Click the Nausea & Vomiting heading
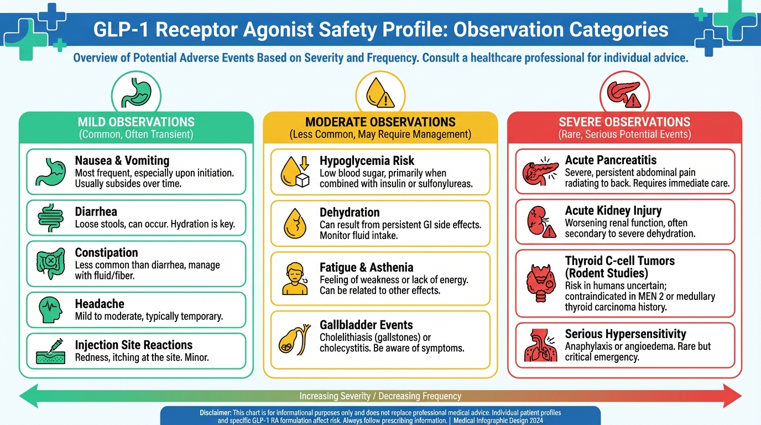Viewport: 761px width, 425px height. pyautogui.click(x=122, y=160)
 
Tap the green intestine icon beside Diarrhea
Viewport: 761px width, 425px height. pyautogui.click(x=51, y=218)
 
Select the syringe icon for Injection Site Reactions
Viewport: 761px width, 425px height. pyautogui.click(x=51, y=351)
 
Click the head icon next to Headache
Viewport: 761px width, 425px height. pyautogui.click(x=51, y=310)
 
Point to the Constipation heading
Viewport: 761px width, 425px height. pyautogui.click(x=106, y=252)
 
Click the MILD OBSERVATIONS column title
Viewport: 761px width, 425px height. pyautogui.click(x=136, y=122)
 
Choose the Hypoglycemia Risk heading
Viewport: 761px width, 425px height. pyautogui.click(x=367, y=160)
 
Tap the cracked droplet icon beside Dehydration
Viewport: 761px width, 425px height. pyautogui.click(x=295, y=224)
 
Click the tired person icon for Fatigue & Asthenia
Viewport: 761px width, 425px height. pyautogui.click(x=295, y=278)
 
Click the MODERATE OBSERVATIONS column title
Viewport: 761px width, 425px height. pyautogui.click(x=380, y=122)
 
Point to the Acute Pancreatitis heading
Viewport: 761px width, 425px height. pyautogui.click(x=611, y=160)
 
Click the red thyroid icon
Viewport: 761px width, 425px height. pyautogui.click(x=541, y=283)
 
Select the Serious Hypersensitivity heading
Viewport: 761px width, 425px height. pyautogui.click(x=626, y=334)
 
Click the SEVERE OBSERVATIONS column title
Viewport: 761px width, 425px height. pyautogui.click(x=624, y=122)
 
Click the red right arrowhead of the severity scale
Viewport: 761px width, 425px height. pyautogui.click(x=732, y=396)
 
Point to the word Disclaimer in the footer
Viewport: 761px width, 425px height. pyautogui.click(x=215, y=413)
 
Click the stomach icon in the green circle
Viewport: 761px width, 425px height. pyautogui.click(x=136, y=92)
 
